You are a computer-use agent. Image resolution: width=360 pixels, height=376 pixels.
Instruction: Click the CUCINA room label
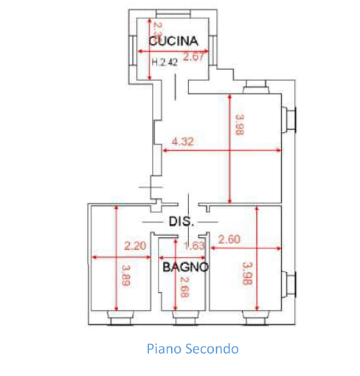[173, 41]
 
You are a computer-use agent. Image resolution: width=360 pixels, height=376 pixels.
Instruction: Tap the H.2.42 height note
[164, 63]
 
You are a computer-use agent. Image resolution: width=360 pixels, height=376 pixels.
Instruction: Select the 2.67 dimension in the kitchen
[194, 57]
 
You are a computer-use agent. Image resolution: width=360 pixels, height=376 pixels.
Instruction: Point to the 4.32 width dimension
[182, 142]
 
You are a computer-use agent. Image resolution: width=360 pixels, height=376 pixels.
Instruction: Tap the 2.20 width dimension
[135, 246]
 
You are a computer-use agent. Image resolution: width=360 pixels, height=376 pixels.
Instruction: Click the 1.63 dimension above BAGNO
[193, 246]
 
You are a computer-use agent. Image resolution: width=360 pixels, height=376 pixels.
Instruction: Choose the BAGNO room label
[185, 267]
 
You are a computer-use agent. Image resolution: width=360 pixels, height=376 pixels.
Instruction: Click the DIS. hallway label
[181, 221]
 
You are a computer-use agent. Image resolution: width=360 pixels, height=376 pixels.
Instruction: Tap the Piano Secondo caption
[193, 349]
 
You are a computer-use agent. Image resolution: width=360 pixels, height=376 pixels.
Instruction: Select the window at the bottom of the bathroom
[186, 318]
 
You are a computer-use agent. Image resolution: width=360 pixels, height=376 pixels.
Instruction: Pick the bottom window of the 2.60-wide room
[255, 318]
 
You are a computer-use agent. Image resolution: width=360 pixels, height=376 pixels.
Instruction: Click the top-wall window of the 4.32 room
[256, 88]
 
